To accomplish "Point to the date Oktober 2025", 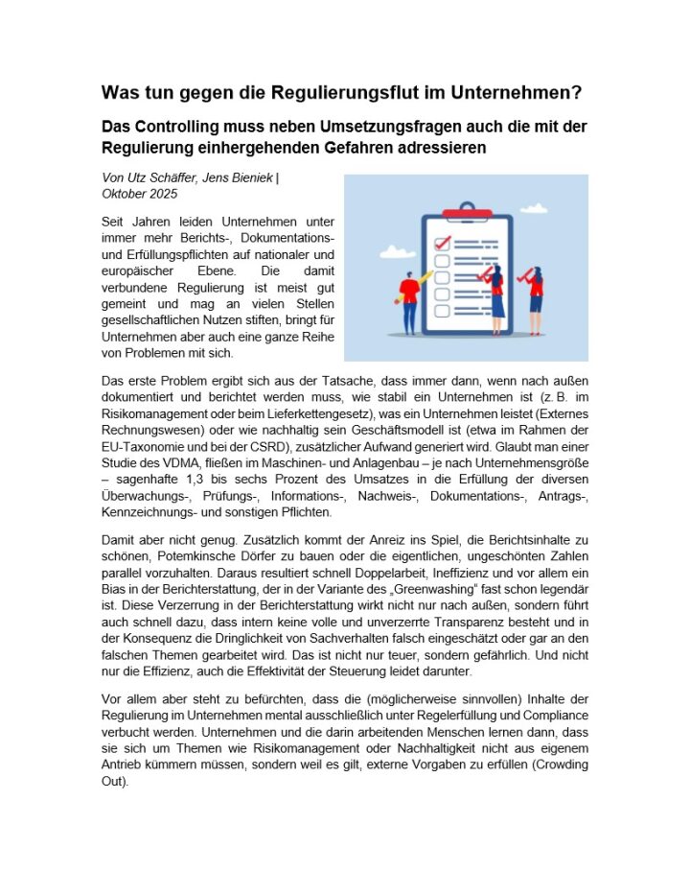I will (139, 193).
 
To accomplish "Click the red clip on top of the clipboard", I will (467, 213).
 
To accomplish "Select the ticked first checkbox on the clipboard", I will (442, 244).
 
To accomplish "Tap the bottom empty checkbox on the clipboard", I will (442, 314).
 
